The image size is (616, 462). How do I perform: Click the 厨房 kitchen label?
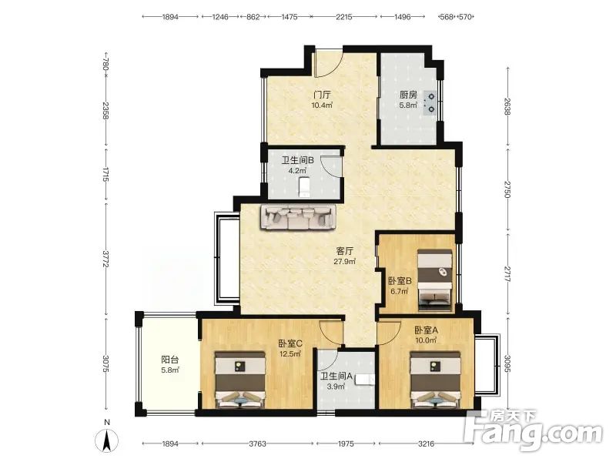[x=408, y=95]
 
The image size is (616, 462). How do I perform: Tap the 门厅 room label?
[x=322, y=95]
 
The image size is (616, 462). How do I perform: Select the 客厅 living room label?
[x=345, y=251]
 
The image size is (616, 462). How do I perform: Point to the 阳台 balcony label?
[x=170, y=360]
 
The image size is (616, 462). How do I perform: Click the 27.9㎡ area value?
[x=345, y=261]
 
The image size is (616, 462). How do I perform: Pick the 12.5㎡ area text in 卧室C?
[x=290, y=353]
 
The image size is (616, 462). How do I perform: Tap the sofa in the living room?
[x=299, y=217]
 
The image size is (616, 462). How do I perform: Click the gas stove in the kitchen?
[x=431, y=102]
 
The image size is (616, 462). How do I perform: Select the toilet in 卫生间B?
[x=304, y=187]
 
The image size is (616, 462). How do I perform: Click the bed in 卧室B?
[x=434, y=280]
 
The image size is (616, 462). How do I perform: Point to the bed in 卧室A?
[x=435, y=380]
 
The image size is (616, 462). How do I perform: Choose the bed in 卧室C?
[x=240, y=380]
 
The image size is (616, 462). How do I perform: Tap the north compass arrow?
[x=106, y=440]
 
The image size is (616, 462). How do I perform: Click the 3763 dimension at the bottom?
[x=258, y=444]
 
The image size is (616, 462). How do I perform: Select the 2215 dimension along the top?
[x=343, y=17]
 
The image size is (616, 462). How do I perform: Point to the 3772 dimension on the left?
[x=105, y=259]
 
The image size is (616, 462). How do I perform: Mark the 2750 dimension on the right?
[x=507, y=189]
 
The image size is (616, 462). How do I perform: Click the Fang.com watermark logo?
[x=533, y=430]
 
